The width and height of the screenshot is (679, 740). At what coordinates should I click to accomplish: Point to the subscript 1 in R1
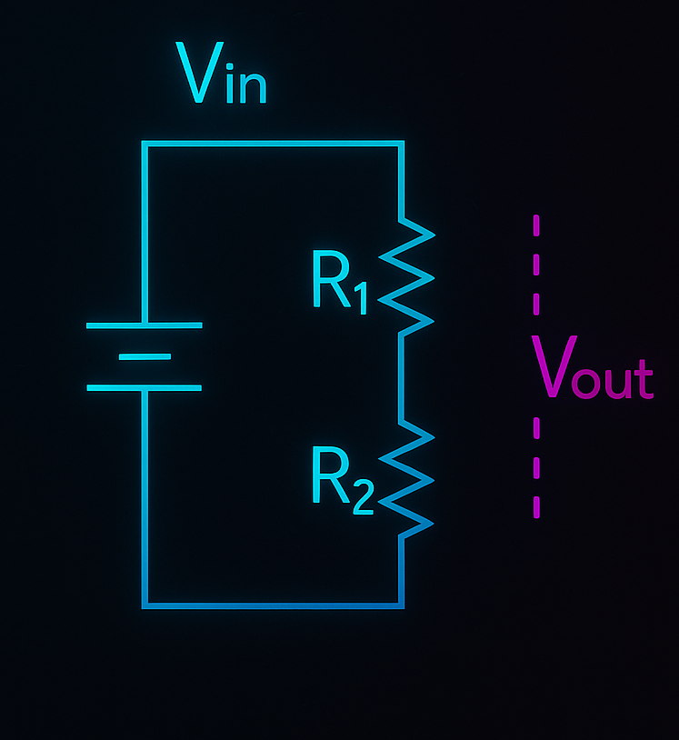pyautogui.click(x=363, y=299)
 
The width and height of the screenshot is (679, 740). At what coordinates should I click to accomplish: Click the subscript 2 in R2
pyautogui.click(x=363, y=497)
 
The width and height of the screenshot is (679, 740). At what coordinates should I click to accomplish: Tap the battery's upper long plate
pyautogui.click(x=144, y=325)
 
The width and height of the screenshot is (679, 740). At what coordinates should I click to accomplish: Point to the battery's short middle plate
pyautogui.click(x=144, y=356)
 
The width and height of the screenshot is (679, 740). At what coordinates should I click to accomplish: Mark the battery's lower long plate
pyautogui.click(x=144, y=388)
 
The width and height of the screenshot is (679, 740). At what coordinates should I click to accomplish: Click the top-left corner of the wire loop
pyautogui.click(x=145, y=144)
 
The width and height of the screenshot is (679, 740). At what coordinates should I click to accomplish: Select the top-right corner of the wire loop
pyautogui.click(x=401, y=144)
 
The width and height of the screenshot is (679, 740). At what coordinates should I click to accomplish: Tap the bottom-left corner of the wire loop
pyautogui.click(x=145, y=605)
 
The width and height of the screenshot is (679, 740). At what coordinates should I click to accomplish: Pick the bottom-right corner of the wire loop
pyautogui.click(x=401, y=605)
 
